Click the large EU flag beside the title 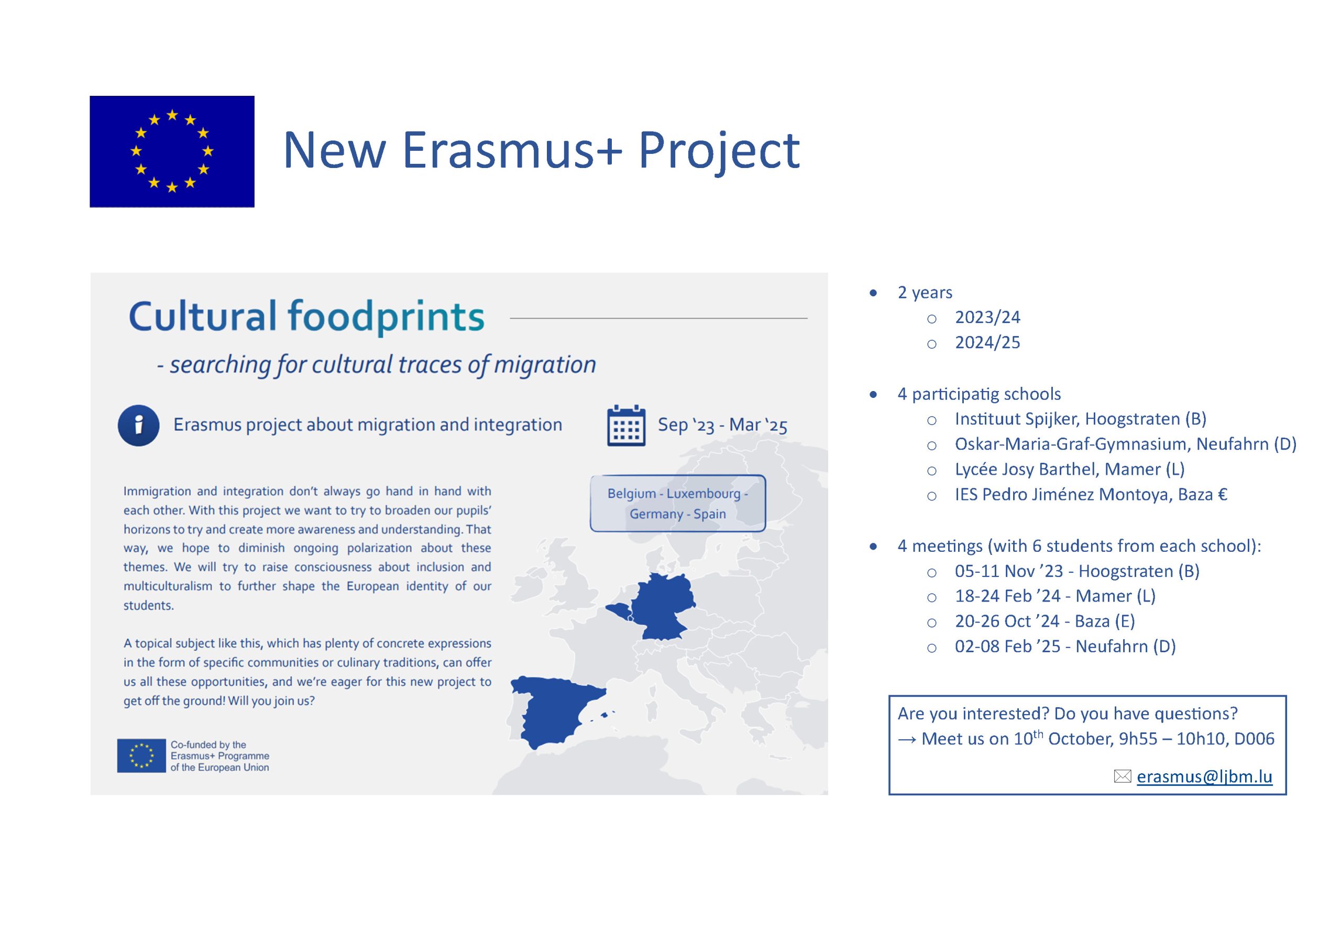(x=172, y=151)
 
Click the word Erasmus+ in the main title (x=512, y=150)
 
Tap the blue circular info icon (x=138, y=425)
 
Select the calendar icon (x=626, y=425)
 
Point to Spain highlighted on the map (x=555, y=709)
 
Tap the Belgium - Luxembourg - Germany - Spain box (x=677, y=503)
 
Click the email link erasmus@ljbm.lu (x=1204, y=776)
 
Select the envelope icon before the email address (x=1123, y=776)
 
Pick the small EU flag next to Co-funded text (x=141, y=755)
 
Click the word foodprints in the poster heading (x=386, y=316)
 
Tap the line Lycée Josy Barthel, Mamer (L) (x=1070, y=470)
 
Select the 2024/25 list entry (x=987, y=342)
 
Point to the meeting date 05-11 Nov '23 (x=1009, y=571)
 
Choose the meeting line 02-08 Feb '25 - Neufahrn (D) (x=1065, y=647)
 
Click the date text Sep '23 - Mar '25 (x=722, y=425)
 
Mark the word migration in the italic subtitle (x=545, y=365)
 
